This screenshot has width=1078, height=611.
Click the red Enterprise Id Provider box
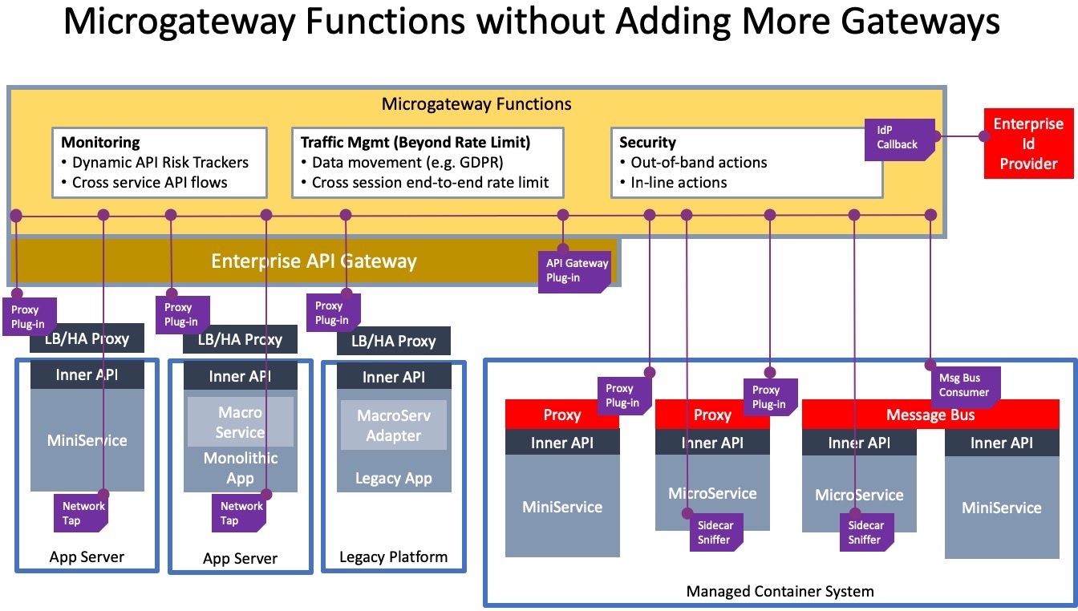click(1028, 144)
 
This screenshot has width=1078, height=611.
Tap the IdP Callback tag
click(899, 140)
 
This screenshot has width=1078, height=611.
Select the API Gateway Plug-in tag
click(574, 272)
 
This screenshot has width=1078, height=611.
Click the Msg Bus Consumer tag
click(965, 386)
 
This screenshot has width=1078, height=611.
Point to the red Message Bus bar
click(930, 415)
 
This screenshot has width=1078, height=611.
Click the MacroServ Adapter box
click(394, 425)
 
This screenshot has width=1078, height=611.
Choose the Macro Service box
click(240, 422)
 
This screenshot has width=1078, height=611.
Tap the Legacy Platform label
click(393, 556)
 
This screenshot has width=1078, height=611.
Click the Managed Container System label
click(780, 591)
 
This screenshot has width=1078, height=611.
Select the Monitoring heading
click(100, 143)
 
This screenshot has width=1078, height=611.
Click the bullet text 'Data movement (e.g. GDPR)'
click(407, 163)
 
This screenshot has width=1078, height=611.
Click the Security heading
click(647, 143)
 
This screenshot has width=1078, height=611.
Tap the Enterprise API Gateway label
click(314, 261)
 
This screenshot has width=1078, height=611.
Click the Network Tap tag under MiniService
click(81, 513)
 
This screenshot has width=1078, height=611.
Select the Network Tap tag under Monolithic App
click(239, 513)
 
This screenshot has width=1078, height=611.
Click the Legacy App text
click(394, 478)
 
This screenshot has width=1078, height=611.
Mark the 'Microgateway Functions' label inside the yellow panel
click(476, 104)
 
